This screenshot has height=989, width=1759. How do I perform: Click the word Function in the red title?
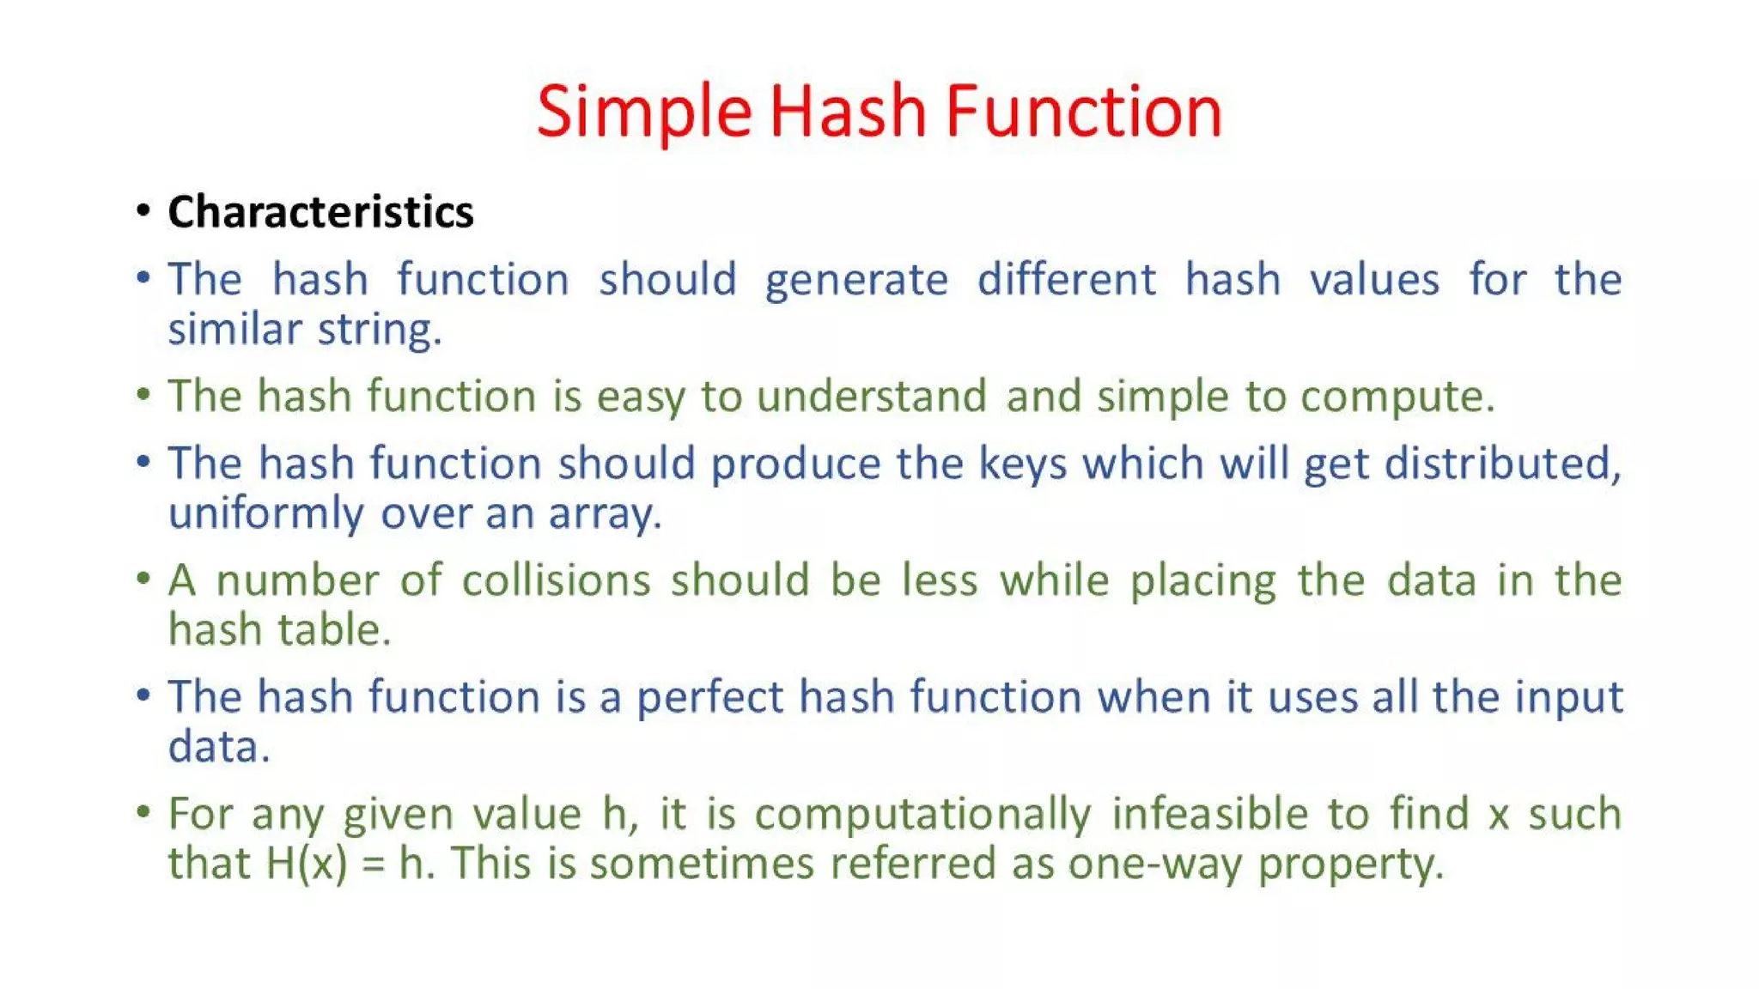point(1083,112)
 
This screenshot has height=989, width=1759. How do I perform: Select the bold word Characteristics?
point(320,212)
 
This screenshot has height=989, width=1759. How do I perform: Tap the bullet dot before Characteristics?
point(143,210)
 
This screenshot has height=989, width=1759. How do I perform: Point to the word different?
point(1066,280)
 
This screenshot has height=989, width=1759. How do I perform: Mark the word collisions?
point(556,580)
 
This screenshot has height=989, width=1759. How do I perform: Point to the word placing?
point(1202,582)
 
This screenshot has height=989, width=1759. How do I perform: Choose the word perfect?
point(709,697)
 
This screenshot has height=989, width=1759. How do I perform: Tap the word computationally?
point(922,815)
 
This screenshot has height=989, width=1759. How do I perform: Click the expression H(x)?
point(307,864)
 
